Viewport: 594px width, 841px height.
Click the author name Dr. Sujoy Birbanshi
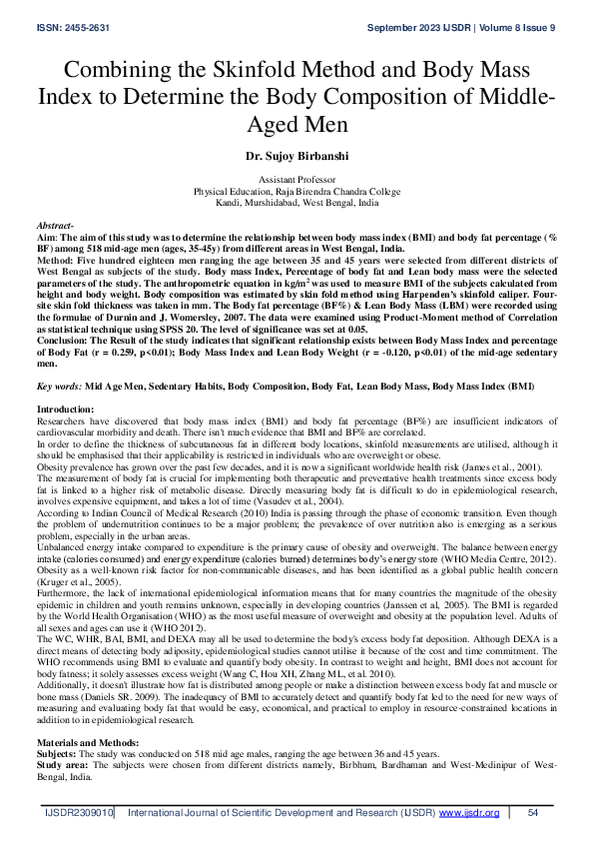click(297, 158)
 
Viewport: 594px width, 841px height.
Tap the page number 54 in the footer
click(533, 813)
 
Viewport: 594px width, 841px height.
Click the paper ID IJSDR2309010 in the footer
click(80, 813)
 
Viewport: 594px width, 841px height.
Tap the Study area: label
click(64, 739)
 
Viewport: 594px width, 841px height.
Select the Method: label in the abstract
click(58, 261)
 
